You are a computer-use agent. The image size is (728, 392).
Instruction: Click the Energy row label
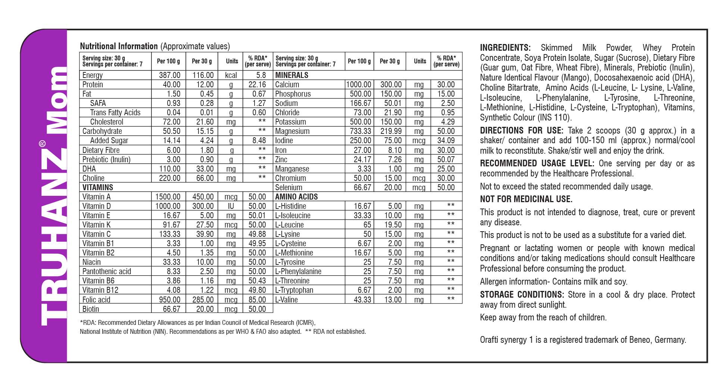click(93, 75)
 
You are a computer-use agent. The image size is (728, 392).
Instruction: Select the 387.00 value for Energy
click(169, 75)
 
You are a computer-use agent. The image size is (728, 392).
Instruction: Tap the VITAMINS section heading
click(98, 188)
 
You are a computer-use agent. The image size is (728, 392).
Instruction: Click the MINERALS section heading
click(292, 75)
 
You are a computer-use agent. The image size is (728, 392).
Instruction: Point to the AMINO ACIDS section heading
click(296, 197)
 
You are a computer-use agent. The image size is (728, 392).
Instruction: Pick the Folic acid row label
click(96, 300)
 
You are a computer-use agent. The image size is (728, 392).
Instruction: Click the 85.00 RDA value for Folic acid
click(257, 300)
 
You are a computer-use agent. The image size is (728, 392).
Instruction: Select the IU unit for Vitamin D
click(231, 206)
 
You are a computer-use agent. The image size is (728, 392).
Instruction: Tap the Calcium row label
click(287, 85)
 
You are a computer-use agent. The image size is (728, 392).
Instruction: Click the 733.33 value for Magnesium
click(360, 131)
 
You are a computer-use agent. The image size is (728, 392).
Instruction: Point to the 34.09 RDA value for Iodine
click(446, 141)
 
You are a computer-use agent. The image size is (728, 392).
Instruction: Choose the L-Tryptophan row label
click(294, 290)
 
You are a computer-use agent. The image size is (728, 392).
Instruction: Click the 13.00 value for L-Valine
click(393, 300)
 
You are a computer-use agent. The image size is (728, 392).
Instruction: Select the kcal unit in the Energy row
click(231, 75)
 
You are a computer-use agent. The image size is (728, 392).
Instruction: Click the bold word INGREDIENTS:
click(505, 48)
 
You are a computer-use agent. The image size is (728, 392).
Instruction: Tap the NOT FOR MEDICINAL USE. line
click(526, 199)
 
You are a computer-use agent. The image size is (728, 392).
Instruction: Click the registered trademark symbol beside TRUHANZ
click(43, 144)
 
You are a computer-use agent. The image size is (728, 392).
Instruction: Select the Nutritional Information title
click(119, 46)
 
